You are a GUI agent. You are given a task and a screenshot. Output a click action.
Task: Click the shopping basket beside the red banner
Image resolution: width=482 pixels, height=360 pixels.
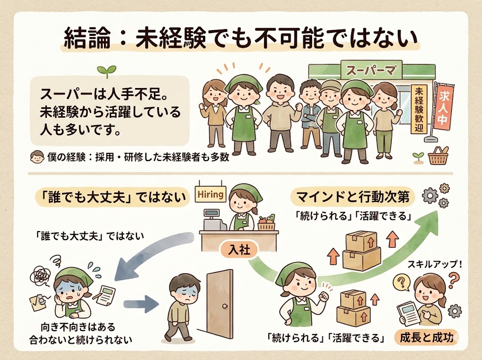(439, 157)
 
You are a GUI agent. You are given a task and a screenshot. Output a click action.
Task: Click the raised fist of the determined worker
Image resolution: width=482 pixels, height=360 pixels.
(323, 297)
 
